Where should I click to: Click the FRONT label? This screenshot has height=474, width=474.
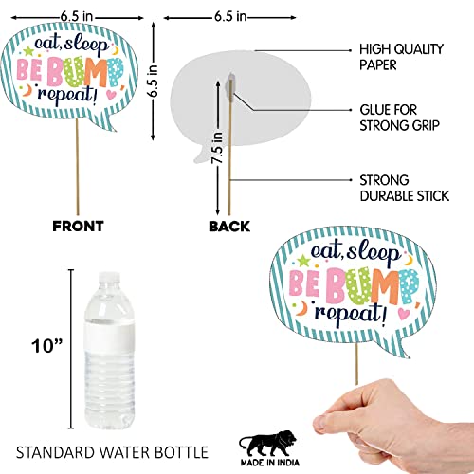[78, 227]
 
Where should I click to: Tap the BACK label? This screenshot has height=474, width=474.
[229, 227]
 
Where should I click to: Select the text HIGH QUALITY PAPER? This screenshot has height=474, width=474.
[401, 57]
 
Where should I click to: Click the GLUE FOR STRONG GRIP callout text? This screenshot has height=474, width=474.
[399, 118]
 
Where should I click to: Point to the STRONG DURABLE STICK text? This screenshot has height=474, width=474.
[405, 188]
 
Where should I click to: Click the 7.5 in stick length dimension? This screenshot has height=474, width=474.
[217, 148]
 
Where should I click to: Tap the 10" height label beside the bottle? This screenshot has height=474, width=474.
[46, 346]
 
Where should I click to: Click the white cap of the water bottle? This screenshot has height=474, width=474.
[109, 278]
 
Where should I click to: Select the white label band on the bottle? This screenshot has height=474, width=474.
[109, 335]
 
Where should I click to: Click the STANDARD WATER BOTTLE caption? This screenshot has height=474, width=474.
[112, 452]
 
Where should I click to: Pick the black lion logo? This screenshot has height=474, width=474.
[268, 443]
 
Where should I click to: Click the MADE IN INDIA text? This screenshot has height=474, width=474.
[270, 463]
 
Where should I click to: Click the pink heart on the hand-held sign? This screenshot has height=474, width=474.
[404, 314]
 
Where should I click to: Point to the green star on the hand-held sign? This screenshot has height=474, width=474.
[303, 260]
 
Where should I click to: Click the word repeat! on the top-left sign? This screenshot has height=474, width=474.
[67, 95]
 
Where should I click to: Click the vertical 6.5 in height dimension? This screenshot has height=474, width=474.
[154, 81]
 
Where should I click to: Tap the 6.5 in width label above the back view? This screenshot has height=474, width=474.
[230, 16]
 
